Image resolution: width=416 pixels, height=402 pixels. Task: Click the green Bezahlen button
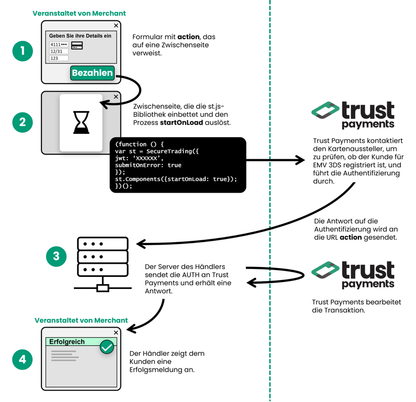[x=92, y=73]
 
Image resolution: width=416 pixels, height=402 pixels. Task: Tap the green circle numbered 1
[x=23, y=51]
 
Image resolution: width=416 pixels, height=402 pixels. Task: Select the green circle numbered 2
[x=23, y=122]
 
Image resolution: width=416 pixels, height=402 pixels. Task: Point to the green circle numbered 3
[x=56, y=256]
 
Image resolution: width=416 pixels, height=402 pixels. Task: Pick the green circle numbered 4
[x=23, y=360]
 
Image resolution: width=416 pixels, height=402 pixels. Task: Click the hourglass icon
[x=81, y=123]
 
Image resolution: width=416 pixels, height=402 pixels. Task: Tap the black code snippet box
[x=177, y=165]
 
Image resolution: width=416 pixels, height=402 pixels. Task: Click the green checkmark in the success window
[x=107, y=347]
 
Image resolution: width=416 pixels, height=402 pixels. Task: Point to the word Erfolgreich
[x=67, y=342]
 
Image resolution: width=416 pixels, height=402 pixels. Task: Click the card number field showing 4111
[x=59, y=45]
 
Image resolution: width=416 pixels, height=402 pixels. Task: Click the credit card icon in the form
[x=77, y=45]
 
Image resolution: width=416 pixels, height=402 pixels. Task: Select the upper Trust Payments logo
[x=353, y=115]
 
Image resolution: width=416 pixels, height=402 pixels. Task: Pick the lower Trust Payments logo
[x=353, y=275]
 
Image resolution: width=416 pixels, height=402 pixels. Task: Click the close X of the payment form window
[x=116, y=25]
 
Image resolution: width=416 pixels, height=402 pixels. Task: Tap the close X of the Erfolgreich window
[x=116, y=332]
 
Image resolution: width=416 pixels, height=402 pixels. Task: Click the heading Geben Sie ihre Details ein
[x=80, y=36]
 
